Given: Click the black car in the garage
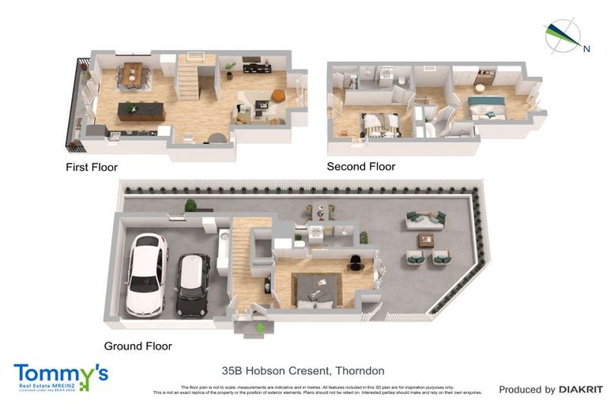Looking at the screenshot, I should click(x=191, y=284).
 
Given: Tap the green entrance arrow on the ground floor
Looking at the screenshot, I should click(x=260, y=327).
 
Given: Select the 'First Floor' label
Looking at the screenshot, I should click(x=92, y=168).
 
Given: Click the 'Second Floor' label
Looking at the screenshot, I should click(x=361, y=167).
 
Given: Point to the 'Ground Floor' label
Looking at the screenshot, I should click(x=138, y=346).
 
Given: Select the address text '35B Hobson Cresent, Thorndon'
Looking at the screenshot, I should click(x=303, y=370).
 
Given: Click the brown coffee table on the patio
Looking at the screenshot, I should click(x=427, y=240).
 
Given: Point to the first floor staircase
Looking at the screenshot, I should click(x=190, y=77).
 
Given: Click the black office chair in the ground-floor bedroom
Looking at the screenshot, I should click(x=355, y=264).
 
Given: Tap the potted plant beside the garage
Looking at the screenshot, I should click(x=190, y=206).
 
